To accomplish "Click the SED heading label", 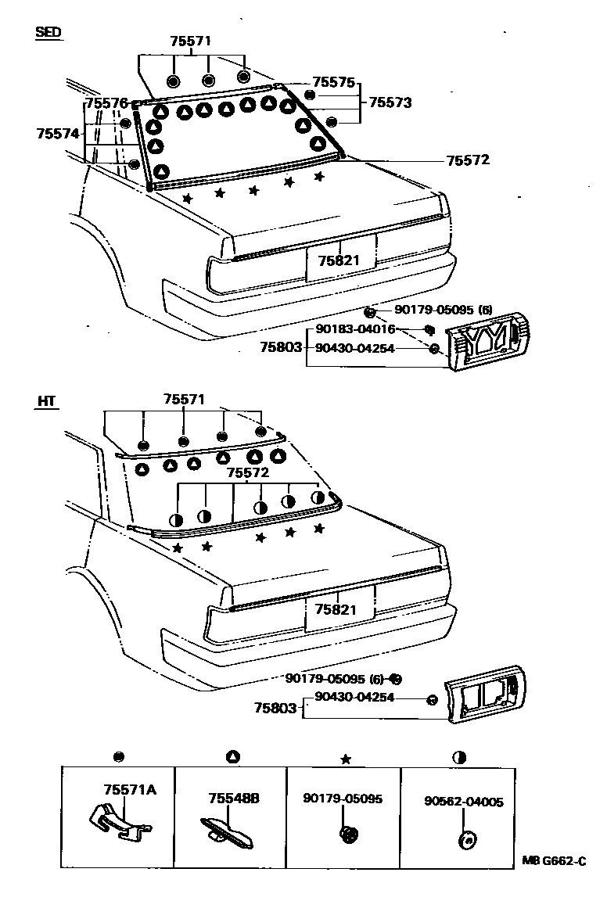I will (48, 32).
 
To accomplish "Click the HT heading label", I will (46, 402).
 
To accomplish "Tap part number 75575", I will (333, 81).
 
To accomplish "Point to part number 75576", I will (106, 103).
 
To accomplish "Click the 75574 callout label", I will (58, 134).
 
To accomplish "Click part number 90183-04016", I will (355, 329).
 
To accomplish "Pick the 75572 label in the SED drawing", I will (467, 160).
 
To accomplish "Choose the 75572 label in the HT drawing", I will (247, 473).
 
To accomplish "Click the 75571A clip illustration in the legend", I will (117, 821).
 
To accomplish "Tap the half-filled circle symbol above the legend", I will (459, 757).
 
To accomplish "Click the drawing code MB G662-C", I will (554, 861).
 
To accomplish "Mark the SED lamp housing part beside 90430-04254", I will (489, 339).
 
